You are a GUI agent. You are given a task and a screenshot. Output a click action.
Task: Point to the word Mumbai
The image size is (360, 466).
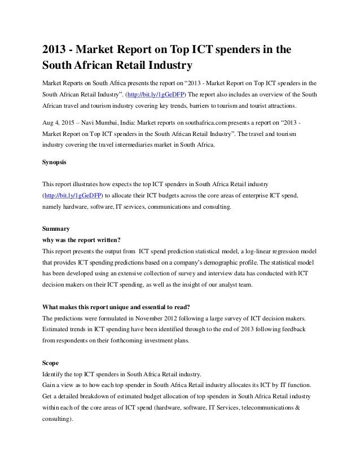pyautogui.click(x=119, y=124)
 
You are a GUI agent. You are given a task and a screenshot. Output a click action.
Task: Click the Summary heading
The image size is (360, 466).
pyautogui.click(x=56, y=229)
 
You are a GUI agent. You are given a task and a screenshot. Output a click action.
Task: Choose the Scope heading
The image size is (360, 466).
pyautogui.click(x=52, y=363)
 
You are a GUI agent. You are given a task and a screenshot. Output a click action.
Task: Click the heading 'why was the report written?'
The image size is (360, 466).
pyautogui.click(x=86, y=239)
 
